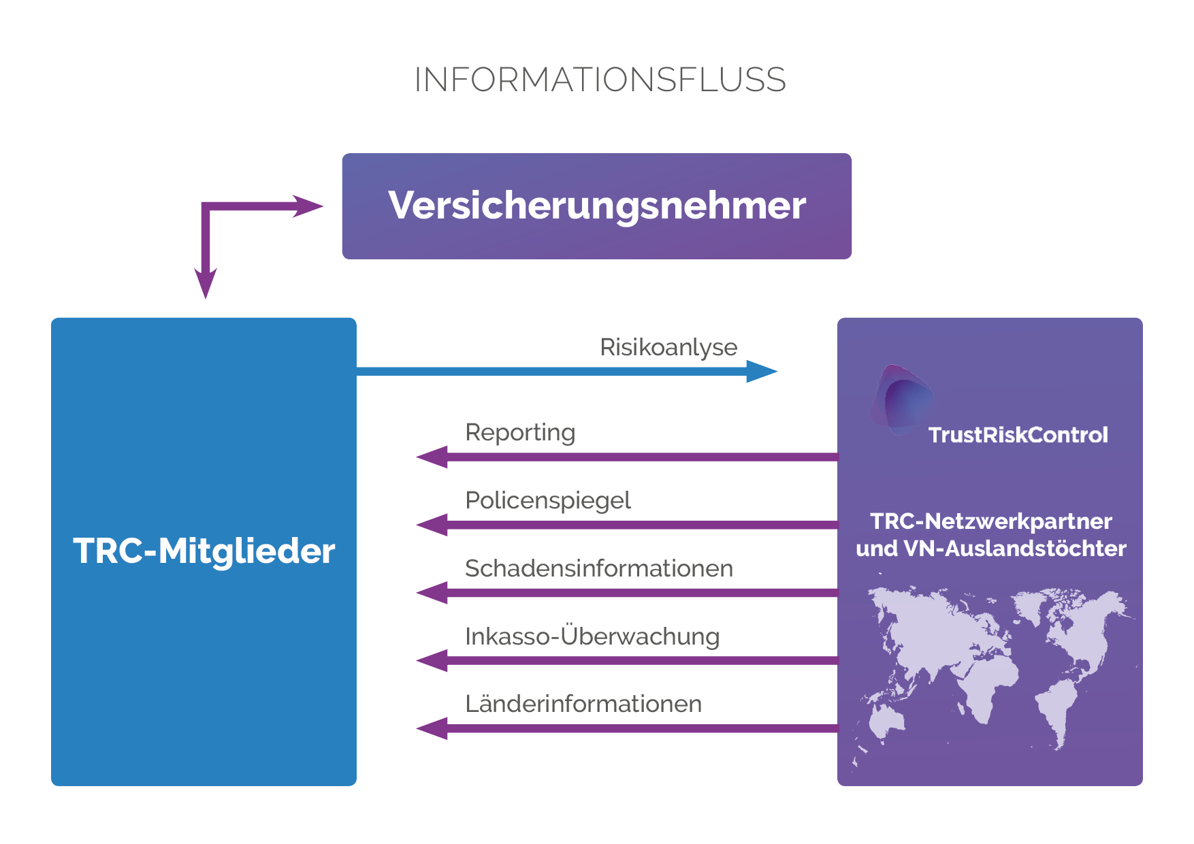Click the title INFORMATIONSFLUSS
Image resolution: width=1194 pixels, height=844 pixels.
[x=600, y=80]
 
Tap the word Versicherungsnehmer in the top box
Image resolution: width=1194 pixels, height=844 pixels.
[x=596, y=206]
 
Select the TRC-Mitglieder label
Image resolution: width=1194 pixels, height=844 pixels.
[x=204, y=551]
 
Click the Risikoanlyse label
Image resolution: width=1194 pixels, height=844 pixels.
[x=668, y=347]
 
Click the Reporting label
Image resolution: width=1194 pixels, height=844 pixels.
[x=520, y=433]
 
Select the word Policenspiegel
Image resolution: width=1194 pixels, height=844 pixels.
[x=547, y=501]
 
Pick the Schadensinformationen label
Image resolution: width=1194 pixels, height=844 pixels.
[x=598, y=569]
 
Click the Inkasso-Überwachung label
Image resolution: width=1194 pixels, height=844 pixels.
[x=592, y=637]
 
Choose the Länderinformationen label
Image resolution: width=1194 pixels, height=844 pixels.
[x=583, y=704]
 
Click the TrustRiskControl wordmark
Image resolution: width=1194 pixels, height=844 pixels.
[x=1018, y=435]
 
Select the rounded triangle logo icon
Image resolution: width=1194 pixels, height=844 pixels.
[x=901, y=400]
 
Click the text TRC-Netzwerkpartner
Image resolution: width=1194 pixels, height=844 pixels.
[x=990, y=521]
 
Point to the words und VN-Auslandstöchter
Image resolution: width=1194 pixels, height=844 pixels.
[x=990, y=549]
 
